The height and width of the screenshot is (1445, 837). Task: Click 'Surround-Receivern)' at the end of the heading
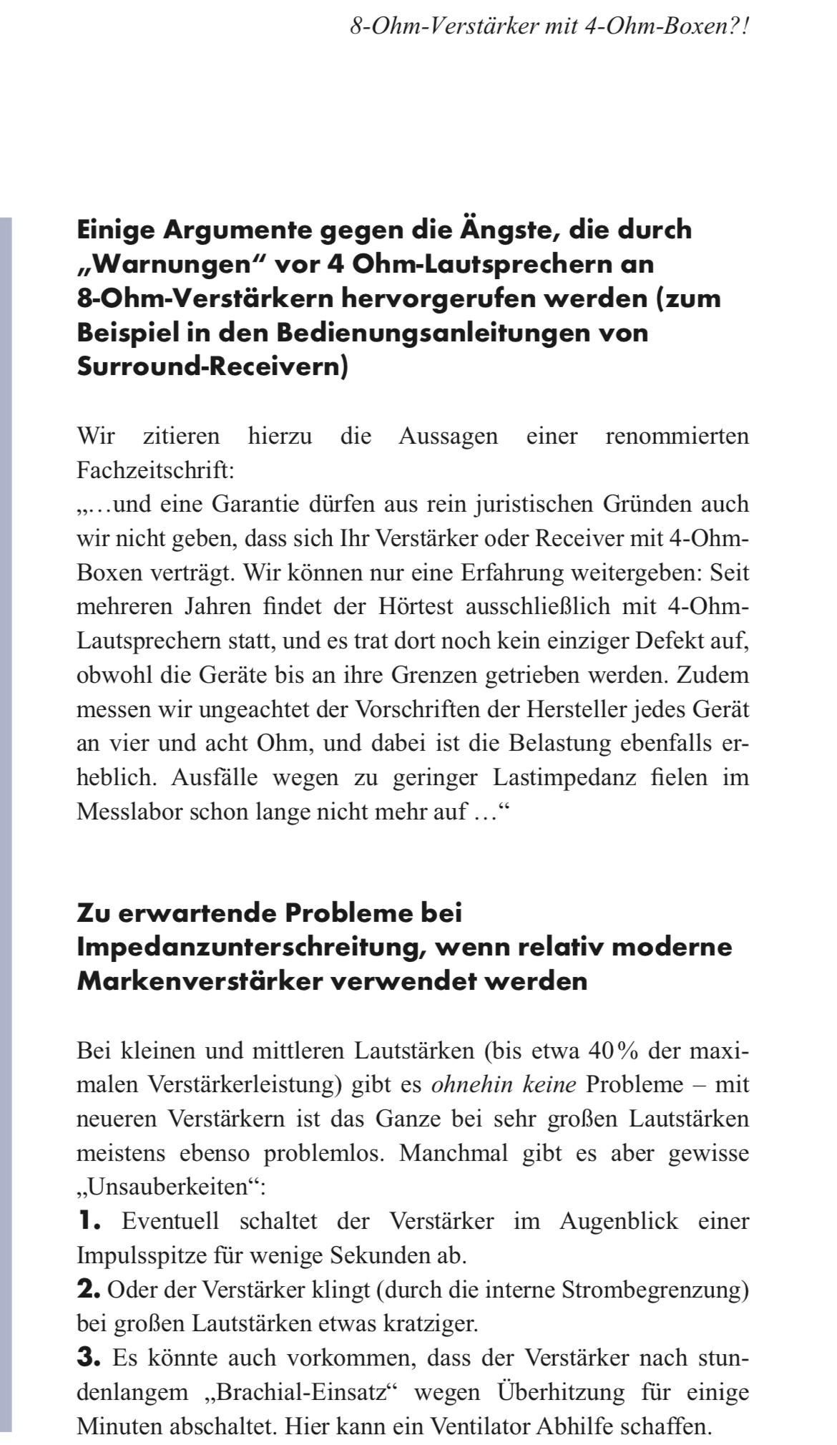click(x=212, y=367)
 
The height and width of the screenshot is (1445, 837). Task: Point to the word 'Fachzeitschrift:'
click(x=155, y=470)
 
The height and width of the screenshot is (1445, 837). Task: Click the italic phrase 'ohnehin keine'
click(x=504, y=1085)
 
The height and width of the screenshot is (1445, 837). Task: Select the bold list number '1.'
click(x=89, y=1221)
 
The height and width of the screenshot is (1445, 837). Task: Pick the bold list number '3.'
click(x=89, y=1357)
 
